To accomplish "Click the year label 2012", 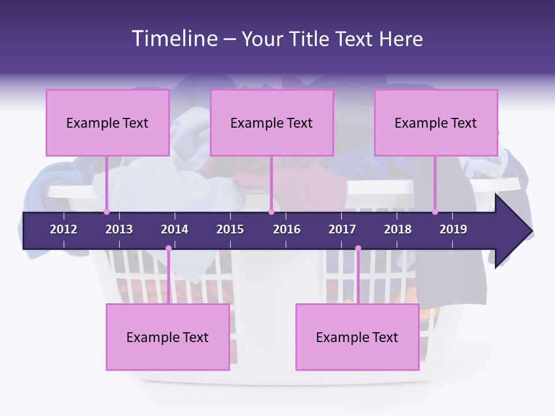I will pos(64,229).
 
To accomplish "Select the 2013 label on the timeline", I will pos(119,229).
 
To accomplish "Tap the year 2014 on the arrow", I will pos(175,229).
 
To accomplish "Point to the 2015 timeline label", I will pos(230,229).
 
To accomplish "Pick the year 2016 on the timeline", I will pos(287,229).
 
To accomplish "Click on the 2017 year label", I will pos(342,229).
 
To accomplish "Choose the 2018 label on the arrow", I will pos(398,229).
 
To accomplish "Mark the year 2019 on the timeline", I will pos(453,229).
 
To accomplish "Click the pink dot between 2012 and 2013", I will pos(106,211).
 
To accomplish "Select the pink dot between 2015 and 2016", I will pos(271,211).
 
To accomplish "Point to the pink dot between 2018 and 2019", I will pos(435,211).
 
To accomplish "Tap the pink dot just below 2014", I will pos(168,248).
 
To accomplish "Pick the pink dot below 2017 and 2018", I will pos(358,248).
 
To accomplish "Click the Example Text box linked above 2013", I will pos(108,122).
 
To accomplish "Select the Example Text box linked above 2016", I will pos(272,122).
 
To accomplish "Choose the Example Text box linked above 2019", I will pos(436,122).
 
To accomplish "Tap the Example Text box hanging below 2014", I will pos(168,337).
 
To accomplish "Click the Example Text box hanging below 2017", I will pos(357,337).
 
